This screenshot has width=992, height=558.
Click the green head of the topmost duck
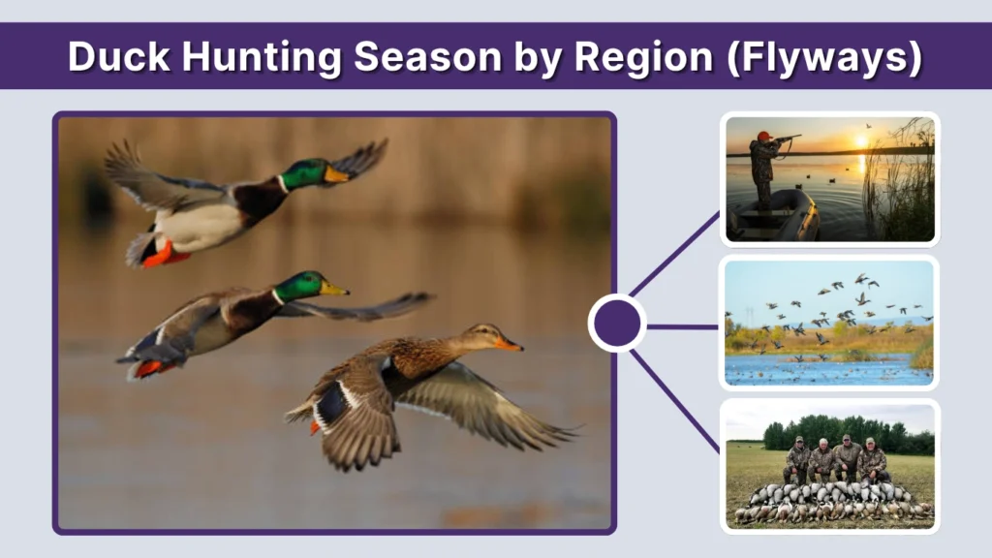pyautogui.click(x=305, y=173)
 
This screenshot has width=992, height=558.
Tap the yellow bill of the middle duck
pyautogui.click(x=333, y=288)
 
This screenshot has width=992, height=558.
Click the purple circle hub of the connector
pyautogui.click(x=617, y=324)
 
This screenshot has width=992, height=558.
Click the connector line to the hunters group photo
pyautogui.click(x=675, y=387)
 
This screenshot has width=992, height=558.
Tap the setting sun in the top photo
pyautogui.click(x=861, y=142)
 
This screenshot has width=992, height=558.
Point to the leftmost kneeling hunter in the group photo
pyautogui.click(x=798, y=460)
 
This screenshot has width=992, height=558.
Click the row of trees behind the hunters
pyautogui.click(x=843, y=434)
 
